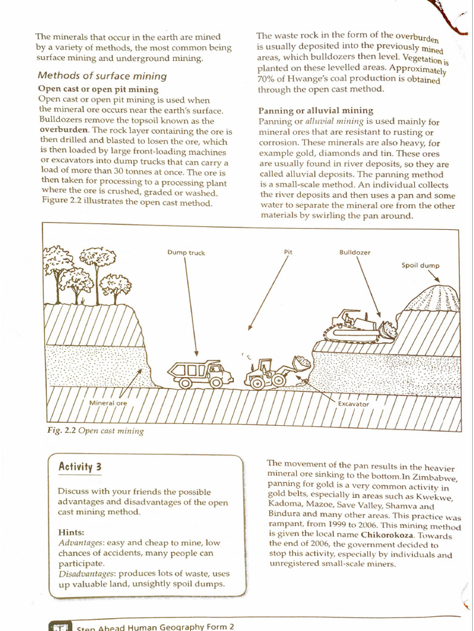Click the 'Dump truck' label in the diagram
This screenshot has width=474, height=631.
point(186,253)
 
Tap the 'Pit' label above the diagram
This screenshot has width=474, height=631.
point(288,252)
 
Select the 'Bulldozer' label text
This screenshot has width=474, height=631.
point(355,253)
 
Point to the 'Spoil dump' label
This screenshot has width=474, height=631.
point(420,266)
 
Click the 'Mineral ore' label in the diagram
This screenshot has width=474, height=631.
point(108,403)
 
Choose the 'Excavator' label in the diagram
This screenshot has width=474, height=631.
point(353,404)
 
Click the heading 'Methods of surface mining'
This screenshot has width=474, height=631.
point(102,76)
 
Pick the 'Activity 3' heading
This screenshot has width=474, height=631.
point(80,466)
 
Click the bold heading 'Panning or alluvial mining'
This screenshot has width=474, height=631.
point(315,111)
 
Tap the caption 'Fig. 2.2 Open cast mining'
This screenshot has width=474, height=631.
point(96,431)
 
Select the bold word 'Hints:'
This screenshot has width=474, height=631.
point(71,532)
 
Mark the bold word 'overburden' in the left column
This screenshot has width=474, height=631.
point(64,131)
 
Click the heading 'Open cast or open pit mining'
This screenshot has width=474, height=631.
point(98,89)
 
